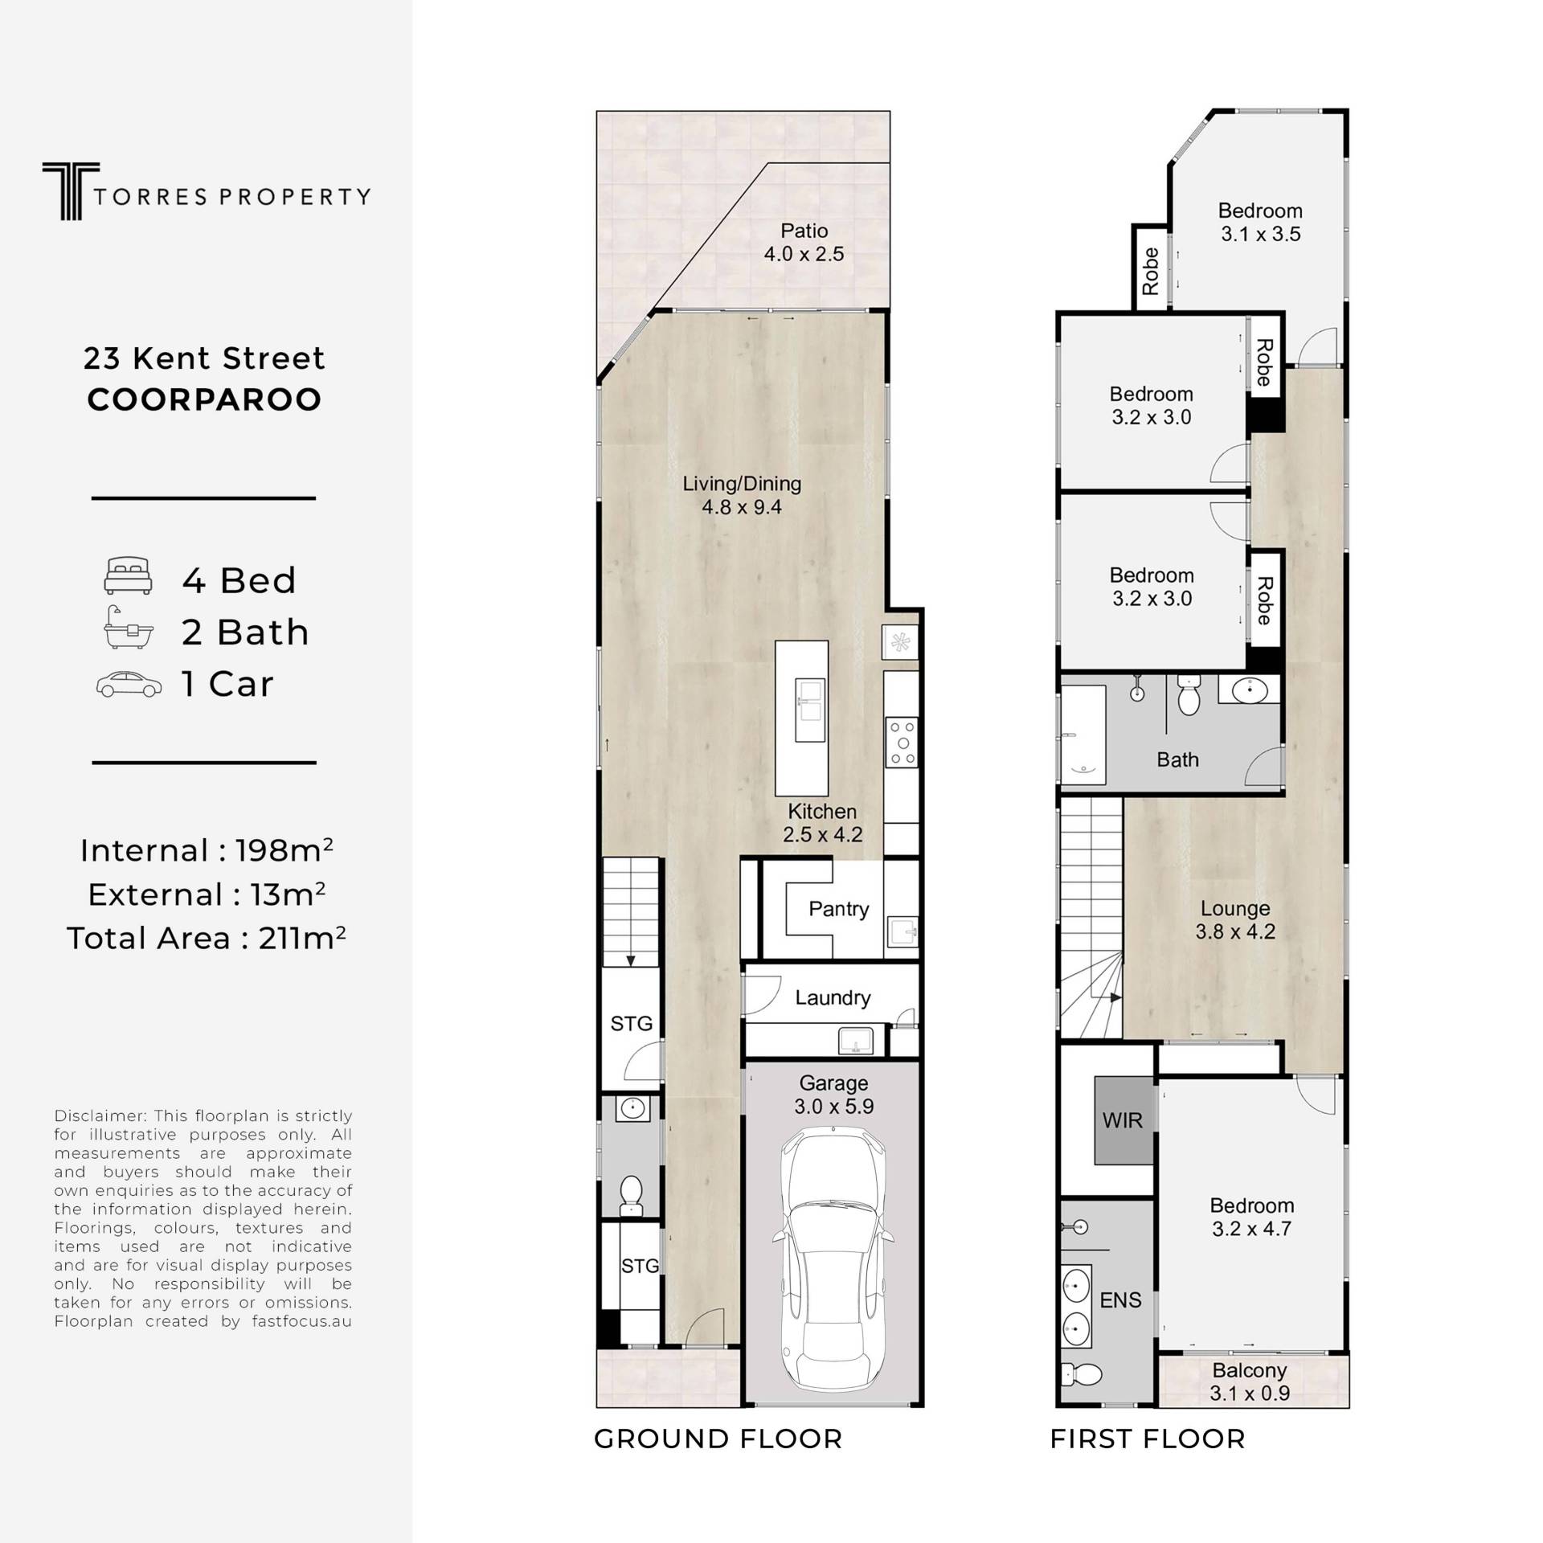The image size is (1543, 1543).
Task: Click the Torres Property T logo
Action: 71,191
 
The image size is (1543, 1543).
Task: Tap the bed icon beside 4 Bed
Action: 128,576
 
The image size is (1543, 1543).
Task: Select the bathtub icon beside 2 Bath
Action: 128,628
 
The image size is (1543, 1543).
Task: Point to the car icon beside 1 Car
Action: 129,684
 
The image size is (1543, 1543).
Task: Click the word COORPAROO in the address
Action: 204,399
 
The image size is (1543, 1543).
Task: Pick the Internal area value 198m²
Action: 284,849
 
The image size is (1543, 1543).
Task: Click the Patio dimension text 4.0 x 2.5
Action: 804,254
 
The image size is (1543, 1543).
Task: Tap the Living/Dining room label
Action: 742,484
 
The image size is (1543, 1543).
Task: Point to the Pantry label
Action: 839,909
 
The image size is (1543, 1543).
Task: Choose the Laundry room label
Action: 833,998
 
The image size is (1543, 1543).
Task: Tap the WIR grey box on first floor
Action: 1123,1120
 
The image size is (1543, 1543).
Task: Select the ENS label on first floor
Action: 1120,1300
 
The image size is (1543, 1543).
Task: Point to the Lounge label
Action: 1235,909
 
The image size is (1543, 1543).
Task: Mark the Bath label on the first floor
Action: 1177,759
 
